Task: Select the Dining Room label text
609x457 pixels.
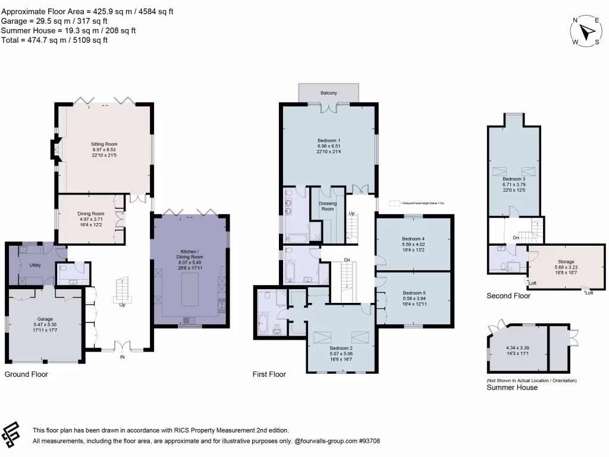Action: point(90,214)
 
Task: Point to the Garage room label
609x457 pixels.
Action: point(42,319)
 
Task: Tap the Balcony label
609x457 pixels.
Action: point(329,93)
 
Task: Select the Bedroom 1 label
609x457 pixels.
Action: point(329,140)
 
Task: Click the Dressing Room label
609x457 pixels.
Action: point(328,206)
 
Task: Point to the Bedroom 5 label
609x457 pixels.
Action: point(414,293)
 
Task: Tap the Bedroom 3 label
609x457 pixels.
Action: point(514,179)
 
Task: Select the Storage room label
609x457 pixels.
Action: point(566,261)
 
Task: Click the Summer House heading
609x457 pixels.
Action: point(512,387)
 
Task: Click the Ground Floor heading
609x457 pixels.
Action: point(26,374)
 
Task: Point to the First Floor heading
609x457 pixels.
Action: point(269,374)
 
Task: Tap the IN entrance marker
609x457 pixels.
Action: point(122,357)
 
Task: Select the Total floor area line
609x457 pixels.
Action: point(54,40)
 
